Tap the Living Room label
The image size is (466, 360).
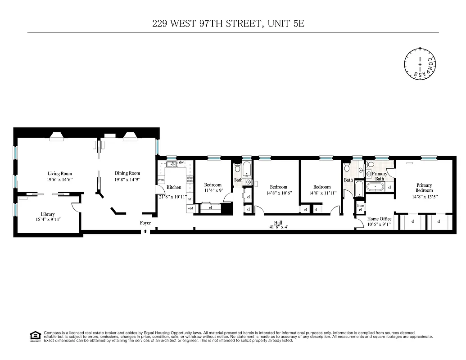click(60, 173)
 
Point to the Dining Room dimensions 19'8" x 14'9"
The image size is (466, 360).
click(127, 179)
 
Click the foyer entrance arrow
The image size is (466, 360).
click(145, 231)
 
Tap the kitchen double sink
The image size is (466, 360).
click(171, 164)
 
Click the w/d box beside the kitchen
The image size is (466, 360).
click(190, 208)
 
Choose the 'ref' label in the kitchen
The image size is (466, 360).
click(190, 199)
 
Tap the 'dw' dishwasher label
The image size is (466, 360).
click(181, 162)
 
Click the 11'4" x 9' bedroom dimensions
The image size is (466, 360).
click(213, 190)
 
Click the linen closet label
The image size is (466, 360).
click(360, 207)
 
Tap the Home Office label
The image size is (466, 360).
click(379, 219)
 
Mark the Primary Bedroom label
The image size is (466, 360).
click(424, 188)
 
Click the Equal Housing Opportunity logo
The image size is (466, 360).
click(34, 336)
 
